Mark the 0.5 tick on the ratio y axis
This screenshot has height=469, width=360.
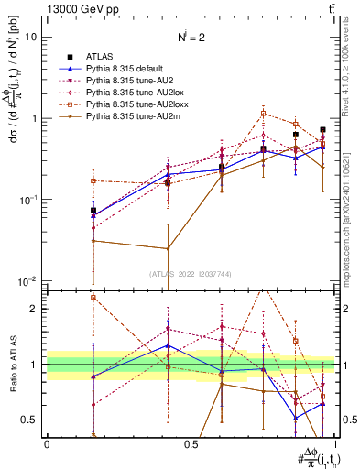[33, 420]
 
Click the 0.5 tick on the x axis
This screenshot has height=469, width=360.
[191, 443]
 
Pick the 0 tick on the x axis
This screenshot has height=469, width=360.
[47, 443]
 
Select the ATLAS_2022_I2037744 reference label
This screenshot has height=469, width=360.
[191, 273]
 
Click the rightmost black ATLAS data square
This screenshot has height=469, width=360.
[322, 130]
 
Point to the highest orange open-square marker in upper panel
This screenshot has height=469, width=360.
[264, 114]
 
